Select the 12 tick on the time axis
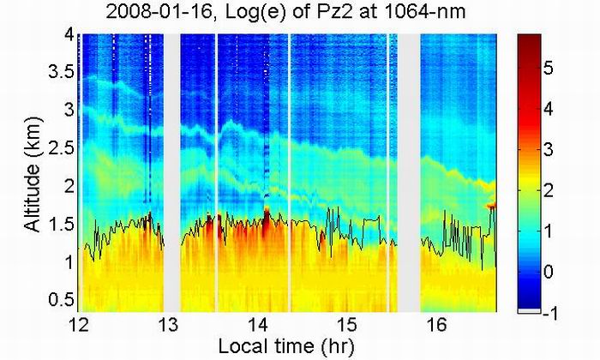click(78, 324)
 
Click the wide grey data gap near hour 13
click(171, 171)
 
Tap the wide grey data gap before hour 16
click(411, 171)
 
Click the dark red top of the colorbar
click(531, 39)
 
